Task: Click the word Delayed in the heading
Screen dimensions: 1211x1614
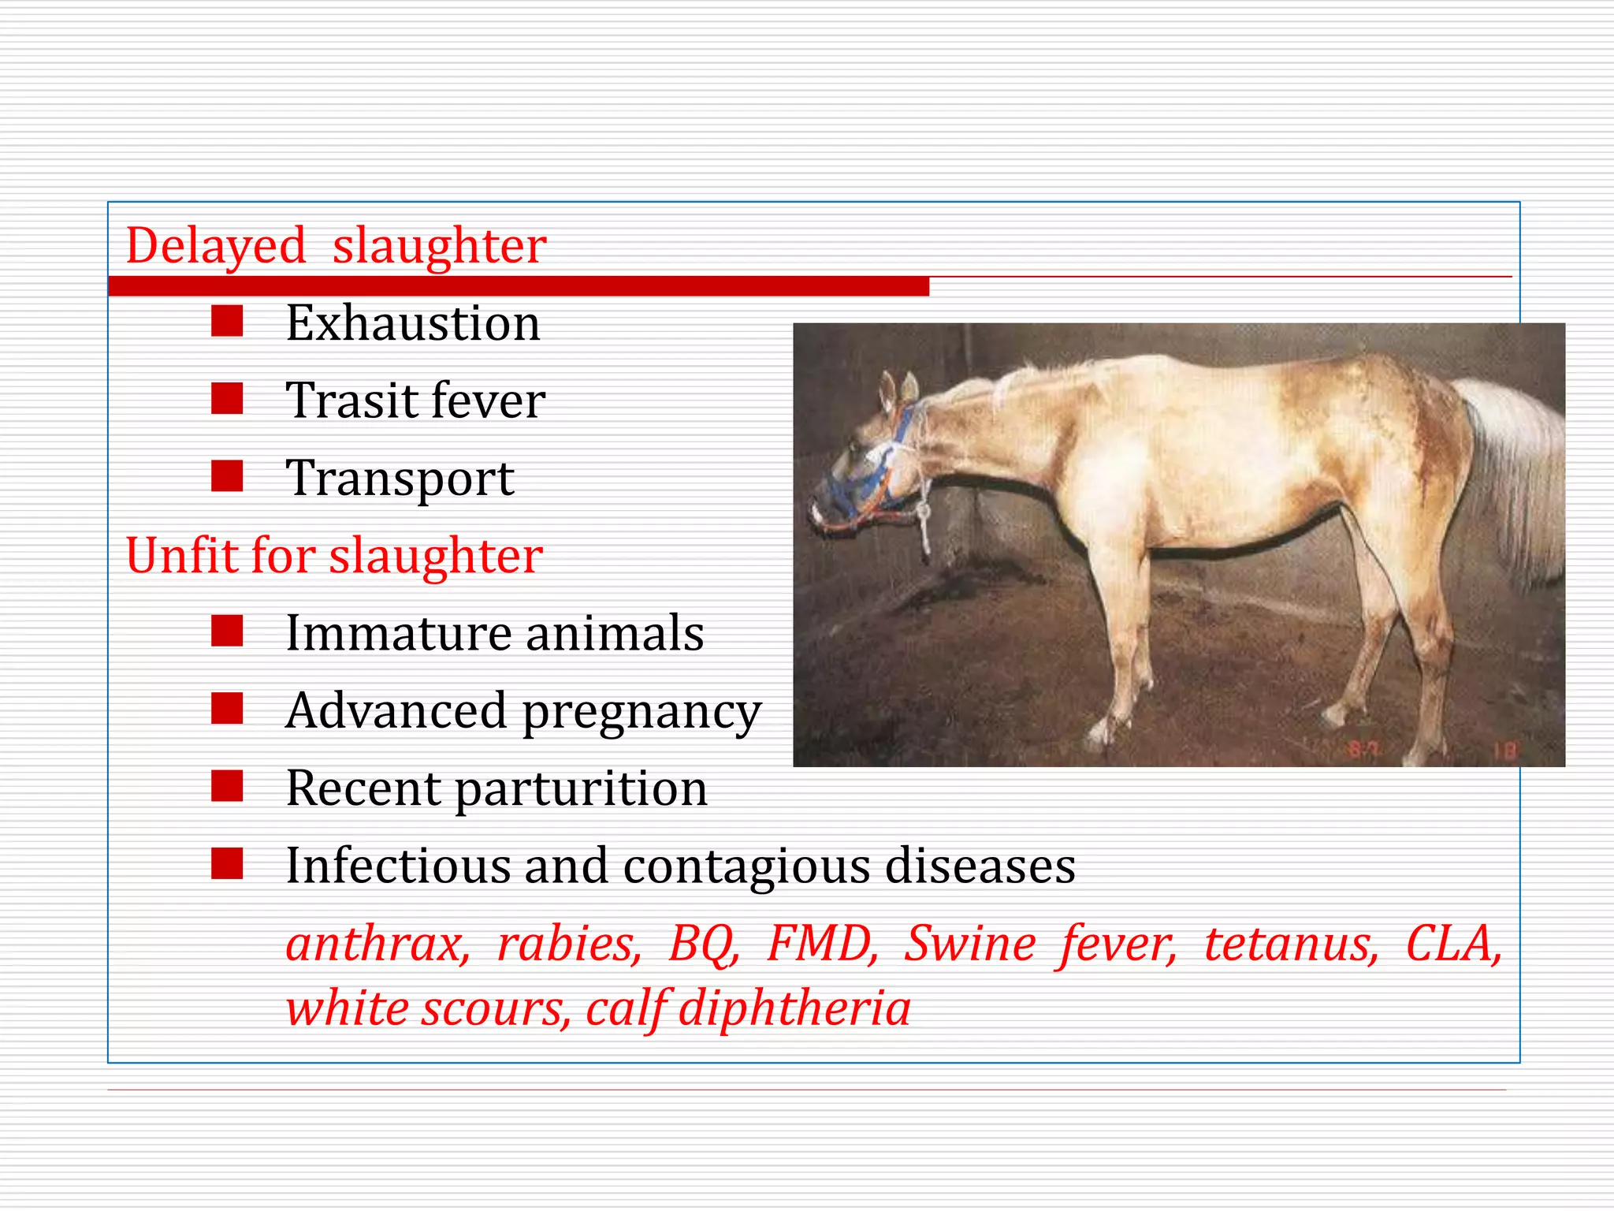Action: (215, 246)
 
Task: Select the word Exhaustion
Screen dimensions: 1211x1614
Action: (413, 323)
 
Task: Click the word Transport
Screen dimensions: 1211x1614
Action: (400, 479)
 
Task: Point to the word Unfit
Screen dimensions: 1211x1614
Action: (181, 556)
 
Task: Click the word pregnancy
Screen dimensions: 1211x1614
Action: (642, 712)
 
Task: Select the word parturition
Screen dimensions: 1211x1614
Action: (582, 788)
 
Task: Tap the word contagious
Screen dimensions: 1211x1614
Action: (747, 866)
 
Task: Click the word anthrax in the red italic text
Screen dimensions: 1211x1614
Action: (377, 944)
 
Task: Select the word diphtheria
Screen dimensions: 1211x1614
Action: (794, 1008)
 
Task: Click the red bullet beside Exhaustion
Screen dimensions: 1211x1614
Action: (227, 322)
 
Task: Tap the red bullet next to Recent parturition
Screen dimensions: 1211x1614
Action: (227, 786)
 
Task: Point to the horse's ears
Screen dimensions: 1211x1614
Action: (898, 390)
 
